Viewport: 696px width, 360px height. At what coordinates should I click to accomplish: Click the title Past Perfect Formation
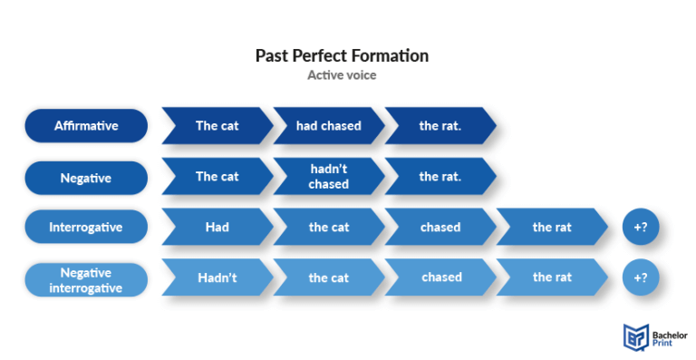(342, 55)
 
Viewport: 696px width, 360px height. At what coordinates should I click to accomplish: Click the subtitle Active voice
(342, 75)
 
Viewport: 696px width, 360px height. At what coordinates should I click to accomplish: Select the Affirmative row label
(86, 126)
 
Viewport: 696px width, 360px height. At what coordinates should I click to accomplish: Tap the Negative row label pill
(86, 178)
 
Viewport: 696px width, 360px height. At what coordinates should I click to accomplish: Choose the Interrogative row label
(86, 228)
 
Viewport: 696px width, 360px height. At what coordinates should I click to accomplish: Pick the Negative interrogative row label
(86, 278)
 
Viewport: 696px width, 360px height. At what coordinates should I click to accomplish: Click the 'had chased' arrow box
(328, 126)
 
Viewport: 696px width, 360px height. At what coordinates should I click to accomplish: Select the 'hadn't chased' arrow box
(328, 177)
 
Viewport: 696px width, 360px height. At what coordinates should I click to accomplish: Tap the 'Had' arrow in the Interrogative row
(217, 228)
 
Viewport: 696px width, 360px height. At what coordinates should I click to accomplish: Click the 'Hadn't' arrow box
(217, 278)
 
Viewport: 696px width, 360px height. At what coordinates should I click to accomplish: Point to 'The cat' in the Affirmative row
(217, 126)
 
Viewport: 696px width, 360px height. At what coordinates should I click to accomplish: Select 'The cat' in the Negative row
(217, 177)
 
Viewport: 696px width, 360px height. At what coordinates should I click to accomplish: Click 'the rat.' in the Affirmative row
(440, 126)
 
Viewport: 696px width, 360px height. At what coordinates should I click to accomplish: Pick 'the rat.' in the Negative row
(440, 177)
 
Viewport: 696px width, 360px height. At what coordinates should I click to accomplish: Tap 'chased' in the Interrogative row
(440, 228)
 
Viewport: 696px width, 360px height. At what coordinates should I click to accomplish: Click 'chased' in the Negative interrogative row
(440, 278)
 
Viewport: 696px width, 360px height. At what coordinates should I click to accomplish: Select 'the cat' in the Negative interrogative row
(328, 278)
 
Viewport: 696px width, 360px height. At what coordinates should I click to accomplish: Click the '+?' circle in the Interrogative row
(641, 228)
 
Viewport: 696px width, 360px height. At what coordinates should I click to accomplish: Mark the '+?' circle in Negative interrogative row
(641, 278)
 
